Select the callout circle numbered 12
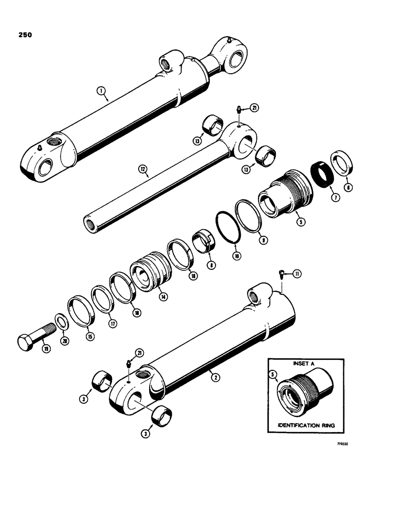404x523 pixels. [x=142, y=169]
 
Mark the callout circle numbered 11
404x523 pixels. [x=298, y=273]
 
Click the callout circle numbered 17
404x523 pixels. [x=110, y=323]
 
